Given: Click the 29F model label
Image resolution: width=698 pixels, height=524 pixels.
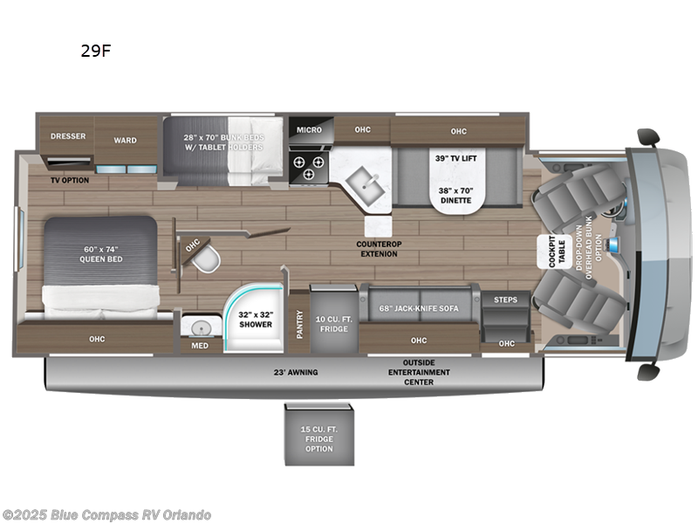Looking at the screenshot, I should pyautogui.click(x=95, y=51).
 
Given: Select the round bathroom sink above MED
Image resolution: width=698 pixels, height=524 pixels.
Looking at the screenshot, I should pyautogui.click(x=200, y=327).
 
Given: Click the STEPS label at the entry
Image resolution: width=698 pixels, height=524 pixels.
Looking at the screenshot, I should pyautogui.click(x=505, y=300).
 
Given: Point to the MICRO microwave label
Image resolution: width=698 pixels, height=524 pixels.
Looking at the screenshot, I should pyautogui.click(x=308, y=130).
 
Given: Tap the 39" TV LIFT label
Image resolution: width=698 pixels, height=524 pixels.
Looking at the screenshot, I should pyautogui.click(x=455, y=158).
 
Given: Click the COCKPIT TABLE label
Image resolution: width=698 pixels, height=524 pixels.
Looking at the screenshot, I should pyautogui.click(x=552, y=253).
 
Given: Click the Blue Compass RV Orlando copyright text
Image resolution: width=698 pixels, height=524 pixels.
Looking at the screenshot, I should pyautogui.click(x=106, y=514).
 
